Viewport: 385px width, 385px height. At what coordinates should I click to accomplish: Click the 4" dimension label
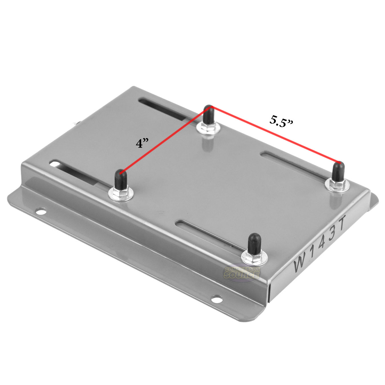click(x=142, y=143)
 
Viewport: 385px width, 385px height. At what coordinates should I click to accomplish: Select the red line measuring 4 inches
click(x=165, y=140)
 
